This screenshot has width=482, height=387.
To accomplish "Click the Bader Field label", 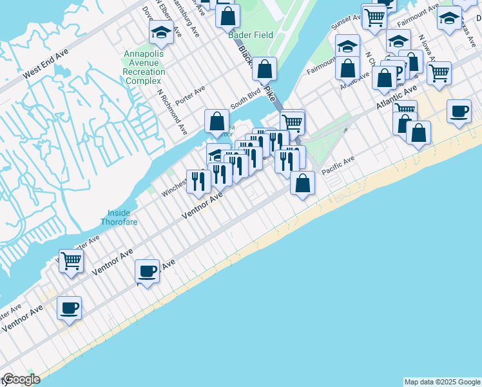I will [251, 35].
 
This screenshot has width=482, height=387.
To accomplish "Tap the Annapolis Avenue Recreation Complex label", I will [146, 67].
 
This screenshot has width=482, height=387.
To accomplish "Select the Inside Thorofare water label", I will [115, 217].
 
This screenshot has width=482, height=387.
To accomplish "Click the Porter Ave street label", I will [190, 94].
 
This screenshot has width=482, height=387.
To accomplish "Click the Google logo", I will [21, 379].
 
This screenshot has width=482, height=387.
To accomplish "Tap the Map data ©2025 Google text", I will [441, 382].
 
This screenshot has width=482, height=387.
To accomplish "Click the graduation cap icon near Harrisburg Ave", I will [161, 32].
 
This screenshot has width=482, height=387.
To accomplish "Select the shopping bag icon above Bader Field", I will [227, 15].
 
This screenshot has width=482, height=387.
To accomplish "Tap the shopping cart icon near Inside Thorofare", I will [72, 261].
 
